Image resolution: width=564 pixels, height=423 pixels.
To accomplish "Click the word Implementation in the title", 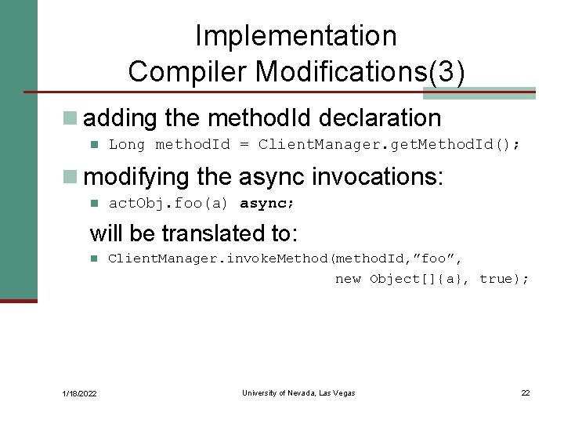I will click(x=296, y=36).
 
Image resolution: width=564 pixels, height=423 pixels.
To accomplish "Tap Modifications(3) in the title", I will click(x=360, y=71).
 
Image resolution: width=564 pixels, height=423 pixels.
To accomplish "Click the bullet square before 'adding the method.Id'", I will click(x=70, y=118).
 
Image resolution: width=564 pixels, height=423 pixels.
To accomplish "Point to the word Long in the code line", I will click(x=128, y=144).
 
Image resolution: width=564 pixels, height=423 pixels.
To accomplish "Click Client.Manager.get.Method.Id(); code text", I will click(x=389, y=144).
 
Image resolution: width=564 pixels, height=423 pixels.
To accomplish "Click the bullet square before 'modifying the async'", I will click(x=70, y=177).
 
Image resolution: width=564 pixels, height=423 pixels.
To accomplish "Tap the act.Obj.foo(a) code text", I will click(x=168, y=204).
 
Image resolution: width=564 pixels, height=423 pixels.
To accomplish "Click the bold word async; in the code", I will click(x=267, y=204).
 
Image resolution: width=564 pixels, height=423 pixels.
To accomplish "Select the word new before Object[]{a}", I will click(x=348, y=279).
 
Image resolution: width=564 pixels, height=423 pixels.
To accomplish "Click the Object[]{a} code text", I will click(x=419, y=279).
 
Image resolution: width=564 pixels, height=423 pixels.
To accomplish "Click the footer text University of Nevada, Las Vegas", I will click(x=298, y=392).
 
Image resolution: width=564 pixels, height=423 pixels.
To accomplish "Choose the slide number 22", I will click(x=526, y=392).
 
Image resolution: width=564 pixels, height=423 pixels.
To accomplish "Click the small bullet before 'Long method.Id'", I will click(x=93, y=144).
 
